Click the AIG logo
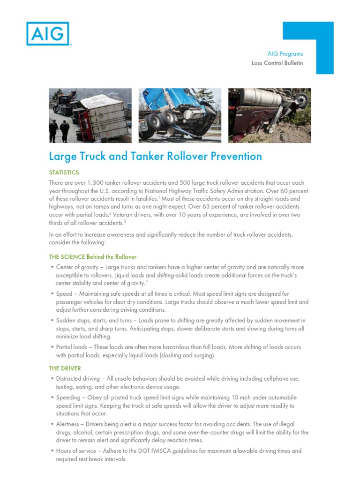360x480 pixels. (x=48, y=34)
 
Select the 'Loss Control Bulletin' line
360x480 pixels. (x=277, y=63)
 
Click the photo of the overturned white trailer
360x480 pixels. (x=90, y=115)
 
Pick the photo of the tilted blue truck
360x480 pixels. (x=180, y=115)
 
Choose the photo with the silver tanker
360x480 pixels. (x=270, y=115)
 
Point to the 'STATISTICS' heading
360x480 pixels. (x=64, y=172)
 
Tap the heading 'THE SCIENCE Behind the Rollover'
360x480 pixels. (x=93, y=257)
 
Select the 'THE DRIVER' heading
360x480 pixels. (x=65, y=368)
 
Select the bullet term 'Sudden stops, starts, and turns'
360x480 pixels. (x=97, y=321)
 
